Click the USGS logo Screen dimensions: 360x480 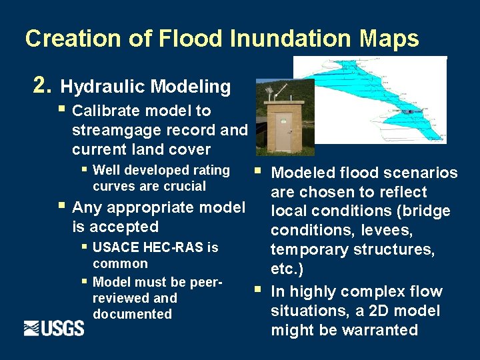pyautogui.click(x=54, y=328)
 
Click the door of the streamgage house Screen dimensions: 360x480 pyautogui.click(x=283, y=131)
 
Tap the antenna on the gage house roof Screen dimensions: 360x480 pyautogui.click(x=268, y=91)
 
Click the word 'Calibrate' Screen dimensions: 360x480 pyautogui.click(x=107, y=111)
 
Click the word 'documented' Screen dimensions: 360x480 pyautogui.click(x=132, y=314)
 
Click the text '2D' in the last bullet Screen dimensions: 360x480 pyautogui.click(x=389, y=311)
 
